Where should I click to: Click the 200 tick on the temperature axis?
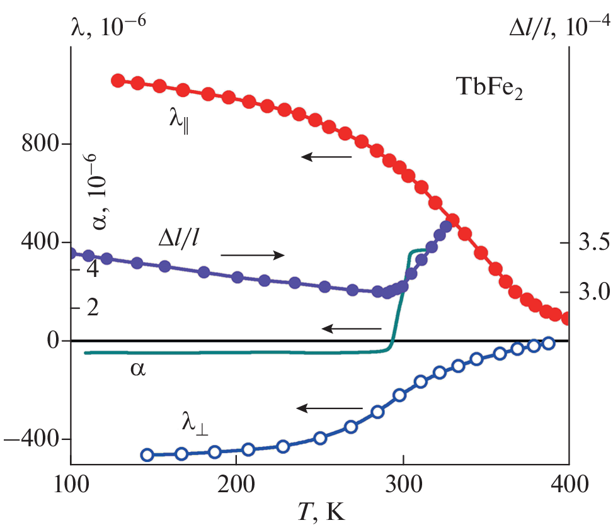click(x=235, y=485)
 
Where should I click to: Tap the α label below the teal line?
click(x=137, y=368)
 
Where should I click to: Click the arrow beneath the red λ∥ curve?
click(x=326, y=155)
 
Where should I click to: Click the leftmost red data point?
click(x=117, y=81)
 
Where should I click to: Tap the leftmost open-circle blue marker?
click(x=147, y=454)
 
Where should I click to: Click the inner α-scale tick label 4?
click(x=92, y=269)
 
